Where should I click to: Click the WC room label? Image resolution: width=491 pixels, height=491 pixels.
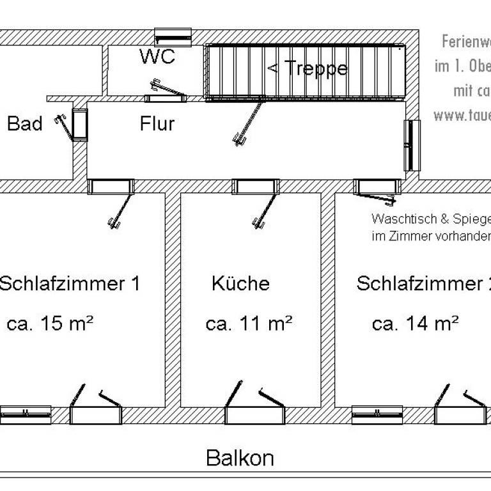[157, 57]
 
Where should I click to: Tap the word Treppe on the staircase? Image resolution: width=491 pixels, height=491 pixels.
[316, 68]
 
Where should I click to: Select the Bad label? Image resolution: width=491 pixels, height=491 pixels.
[24, 123]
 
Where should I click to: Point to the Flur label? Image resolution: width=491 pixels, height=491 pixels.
[157, 123]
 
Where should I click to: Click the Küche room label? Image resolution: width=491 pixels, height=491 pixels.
[240, 283]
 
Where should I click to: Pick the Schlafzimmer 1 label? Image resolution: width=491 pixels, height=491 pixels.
[69, 283]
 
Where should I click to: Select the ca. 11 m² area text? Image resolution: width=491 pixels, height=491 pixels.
[249, 323]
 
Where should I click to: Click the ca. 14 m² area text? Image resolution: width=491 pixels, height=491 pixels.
[415, 323]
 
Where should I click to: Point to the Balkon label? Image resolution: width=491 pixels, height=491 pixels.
[240, 458]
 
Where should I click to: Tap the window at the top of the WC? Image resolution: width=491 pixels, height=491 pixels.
[173, 36]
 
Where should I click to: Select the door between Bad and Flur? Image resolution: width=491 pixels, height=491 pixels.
[79, 125]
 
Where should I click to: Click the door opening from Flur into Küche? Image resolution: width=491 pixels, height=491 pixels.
[256, 187]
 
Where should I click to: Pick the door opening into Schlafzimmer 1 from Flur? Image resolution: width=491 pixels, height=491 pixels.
[111, 187]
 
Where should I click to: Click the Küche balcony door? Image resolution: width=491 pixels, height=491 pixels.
[254, 414]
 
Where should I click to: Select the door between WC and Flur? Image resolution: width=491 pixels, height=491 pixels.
[164, 98]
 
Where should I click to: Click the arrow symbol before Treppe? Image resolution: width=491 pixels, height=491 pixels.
[272, 67]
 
